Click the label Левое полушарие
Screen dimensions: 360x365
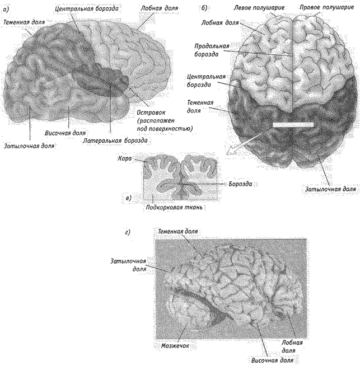[x=259, y=8]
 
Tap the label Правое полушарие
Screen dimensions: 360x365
[x=326, y=7]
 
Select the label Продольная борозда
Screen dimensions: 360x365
[x=212, y=50]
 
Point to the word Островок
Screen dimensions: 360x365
[x=151, y=113]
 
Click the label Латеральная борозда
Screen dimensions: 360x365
[x=115, y=141]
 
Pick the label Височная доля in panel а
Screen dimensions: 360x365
[x=65, y=133]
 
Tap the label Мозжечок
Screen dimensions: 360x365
[x=175, y=345]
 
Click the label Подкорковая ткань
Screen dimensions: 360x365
[x=174, y=207]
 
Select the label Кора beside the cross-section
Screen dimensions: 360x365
[x=125, y=158]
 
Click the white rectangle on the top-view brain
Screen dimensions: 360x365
[x=293, y=125]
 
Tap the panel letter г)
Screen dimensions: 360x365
[x=128, y=232]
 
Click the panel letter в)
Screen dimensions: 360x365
[x=129, y=198]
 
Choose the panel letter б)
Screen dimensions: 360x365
[x=204, y=8]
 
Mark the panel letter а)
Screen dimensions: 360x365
[x=6, y=10]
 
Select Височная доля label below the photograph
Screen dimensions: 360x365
[x=272, y=361]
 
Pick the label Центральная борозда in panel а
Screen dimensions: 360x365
[x=87, y=8]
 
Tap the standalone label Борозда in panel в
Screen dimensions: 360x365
[x=240, y=184]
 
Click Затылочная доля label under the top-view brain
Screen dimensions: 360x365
[x=330, y=189]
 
